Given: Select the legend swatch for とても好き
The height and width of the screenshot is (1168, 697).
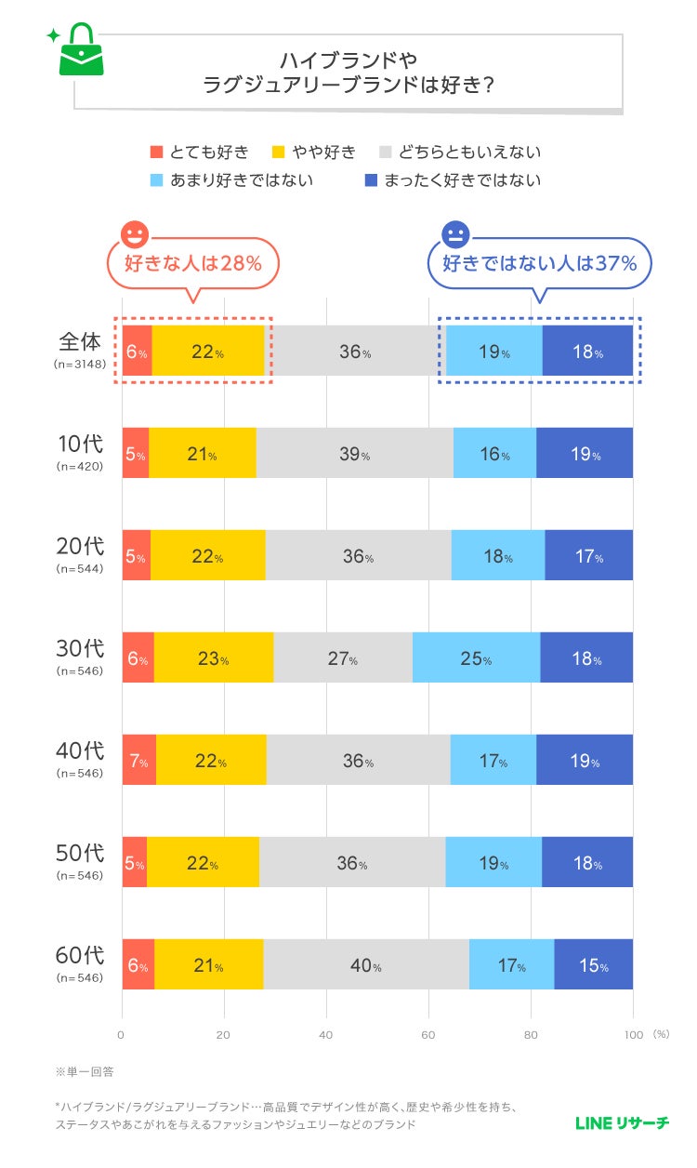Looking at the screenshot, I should [156, 153].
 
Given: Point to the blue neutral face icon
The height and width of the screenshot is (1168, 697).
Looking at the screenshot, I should [455, 234].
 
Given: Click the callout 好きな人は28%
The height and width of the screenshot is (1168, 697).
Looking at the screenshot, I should [193, 263].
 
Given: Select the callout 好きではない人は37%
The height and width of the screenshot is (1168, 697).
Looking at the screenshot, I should [539, 263].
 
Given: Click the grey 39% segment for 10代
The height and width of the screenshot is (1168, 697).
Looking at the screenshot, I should [354, 454].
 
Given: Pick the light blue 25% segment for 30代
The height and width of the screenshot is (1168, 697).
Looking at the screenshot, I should [476, 658].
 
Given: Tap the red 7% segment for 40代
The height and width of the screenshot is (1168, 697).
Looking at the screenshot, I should [139, 761].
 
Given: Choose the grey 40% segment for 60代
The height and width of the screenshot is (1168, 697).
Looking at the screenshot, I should [366, 965].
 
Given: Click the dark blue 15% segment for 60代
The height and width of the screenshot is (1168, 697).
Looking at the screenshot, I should [593, 965].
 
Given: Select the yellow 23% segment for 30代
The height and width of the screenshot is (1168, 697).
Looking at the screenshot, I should [214, 658].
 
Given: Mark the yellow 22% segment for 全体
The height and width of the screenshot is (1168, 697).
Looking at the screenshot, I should [208, 352].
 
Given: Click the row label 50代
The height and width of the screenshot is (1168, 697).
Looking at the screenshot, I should [80, 852].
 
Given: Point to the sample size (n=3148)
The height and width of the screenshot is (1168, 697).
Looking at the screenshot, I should [80, 365].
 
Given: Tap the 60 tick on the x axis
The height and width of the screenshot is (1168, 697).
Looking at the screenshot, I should [428, 1034].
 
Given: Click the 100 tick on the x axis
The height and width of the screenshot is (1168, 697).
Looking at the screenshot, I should [632, 1034].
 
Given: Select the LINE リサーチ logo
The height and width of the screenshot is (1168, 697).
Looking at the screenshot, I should [622, 1123].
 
